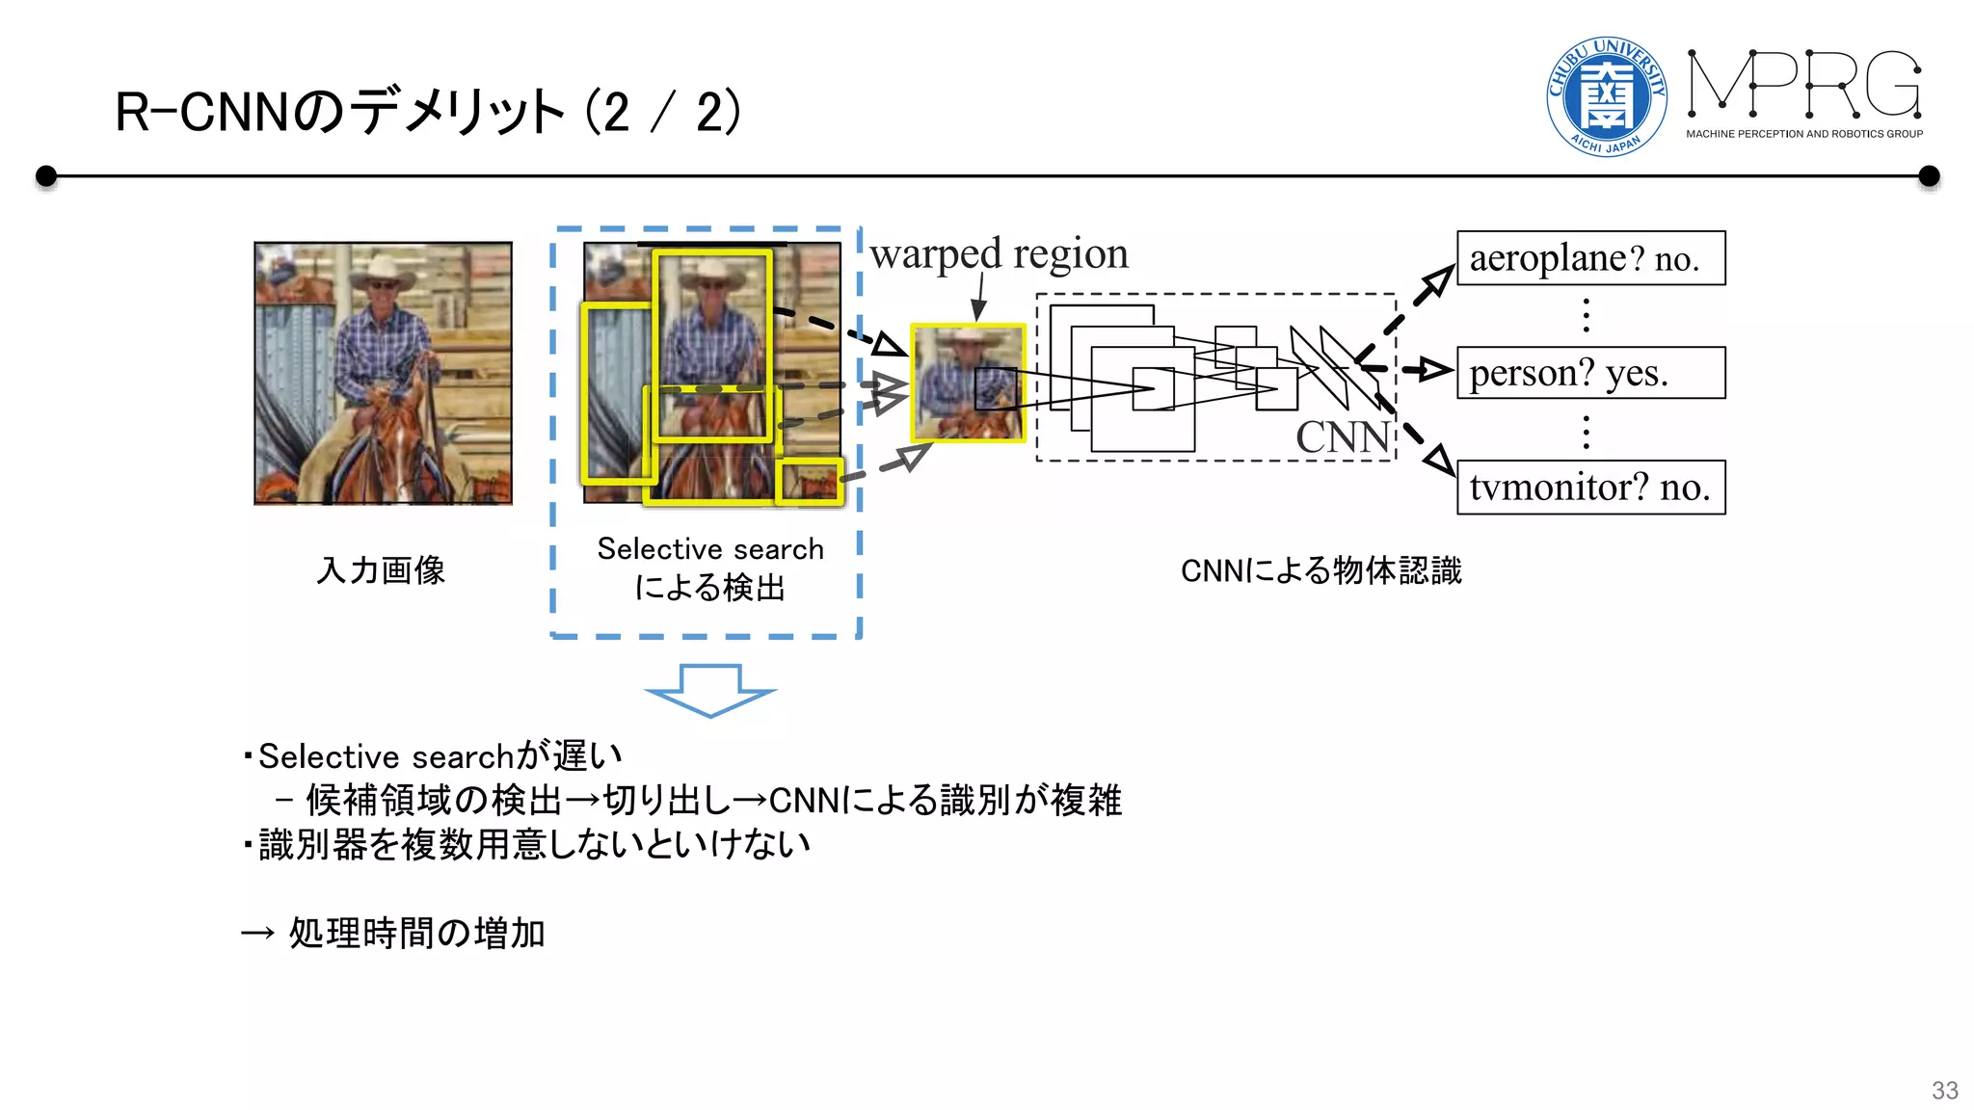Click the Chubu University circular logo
(x=1606, y=95)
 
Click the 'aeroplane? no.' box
(x=1590, y=258)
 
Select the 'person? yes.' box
(x=1590, y=373)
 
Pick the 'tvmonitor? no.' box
(x=1590, y=488)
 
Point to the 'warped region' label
(x=999, y=254)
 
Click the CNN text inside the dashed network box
(x=1342, y=436)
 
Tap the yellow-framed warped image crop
(x=968, y=383)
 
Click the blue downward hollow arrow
(x=710, y=690)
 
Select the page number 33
(x=1944, y=1090)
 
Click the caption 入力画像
(x=381, y=570)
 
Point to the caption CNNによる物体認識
(x=1320, y=570)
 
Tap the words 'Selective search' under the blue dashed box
(x=710, y=549)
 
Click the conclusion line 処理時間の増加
(x=416, y=933)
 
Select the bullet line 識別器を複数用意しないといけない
(x=533, y=844)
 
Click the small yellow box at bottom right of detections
(x=810, y=481)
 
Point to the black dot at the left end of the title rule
(x=45, y=176)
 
